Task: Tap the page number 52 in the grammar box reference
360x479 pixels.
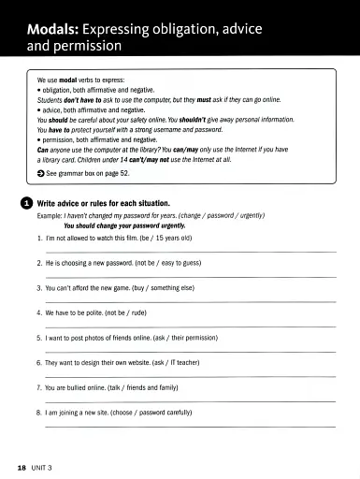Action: click(x=136, y=174)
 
